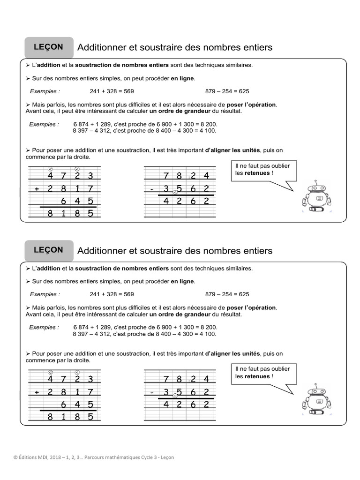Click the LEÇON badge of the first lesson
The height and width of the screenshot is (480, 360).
click(49, 47)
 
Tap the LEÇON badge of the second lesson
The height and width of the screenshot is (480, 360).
click(49, 250)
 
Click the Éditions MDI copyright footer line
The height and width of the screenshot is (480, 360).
click(93, 457)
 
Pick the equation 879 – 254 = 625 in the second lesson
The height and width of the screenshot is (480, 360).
click(227, 294)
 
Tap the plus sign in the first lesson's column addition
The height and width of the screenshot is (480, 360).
click(36, 189)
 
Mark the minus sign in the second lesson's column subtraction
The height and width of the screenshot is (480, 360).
click(152, 392)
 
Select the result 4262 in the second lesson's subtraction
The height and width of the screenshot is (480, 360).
click(186, 405)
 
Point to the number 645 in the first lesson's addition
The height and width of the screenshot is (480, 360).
click(77, 202)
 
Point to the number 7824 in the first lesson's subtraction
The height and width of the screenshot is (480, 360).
click(186, 176)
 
